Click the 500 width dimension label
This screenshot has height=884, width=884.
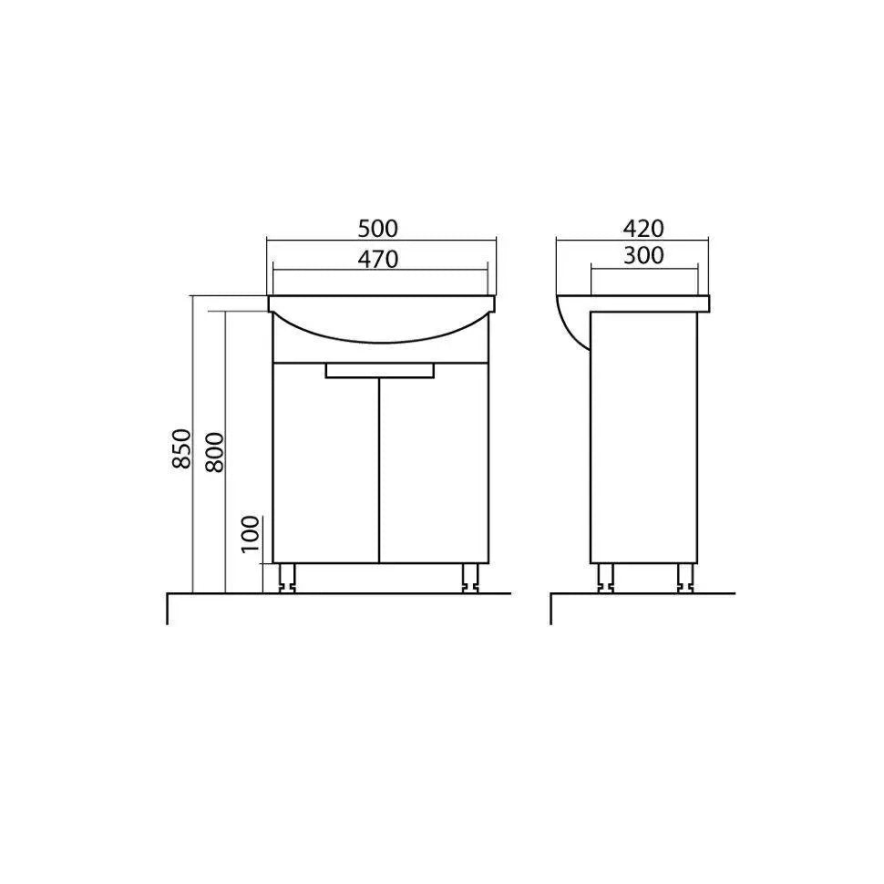377,229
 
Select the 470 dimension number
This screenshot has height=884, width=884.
377,260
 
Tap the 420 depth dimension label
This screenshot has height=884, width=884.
643,229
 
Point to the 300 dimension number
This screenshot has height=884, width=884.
643,256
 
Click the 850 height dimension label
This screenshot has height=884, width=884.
182,448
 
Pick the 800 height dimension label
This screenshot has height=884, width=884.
214,452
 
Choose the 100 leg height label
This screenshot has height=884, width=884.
251,534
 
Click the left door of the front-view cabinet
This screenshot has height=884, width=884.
325,462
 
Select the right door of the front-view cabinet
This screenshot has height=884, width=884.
434,462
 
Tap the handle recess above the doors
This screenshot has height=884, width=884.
380,370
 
